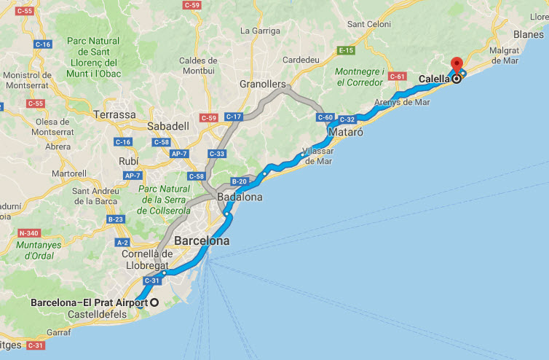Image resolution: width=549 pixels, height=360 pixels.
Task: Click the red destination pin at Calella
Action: pyautogui.click(x=457, y=66)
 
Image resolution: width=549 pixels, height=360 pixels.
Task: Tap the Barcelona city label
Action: pyautogui.click(x=201, y=240)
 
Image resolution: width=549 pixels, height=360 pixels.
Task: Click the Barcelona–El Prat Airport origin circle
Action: pyautogui.click(x=154, y=302)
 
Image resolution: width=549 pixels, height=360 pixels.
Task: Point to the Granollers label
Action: pyautogui.click(x=263, y=84)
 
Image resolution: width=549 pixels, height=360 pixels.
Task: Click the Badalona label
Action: pyautogui.click(x=240, y=197)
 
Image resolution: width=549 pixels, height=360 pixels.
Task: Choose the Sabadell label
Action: pyautogui.click(x=167, y=126)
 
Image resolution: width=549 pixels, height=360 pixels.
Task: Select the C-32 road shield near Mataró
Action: pyautogui.click(x=347, y=120)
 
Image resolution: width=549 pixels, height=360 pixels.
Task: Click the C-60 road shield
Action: pyautogui.click(x=325, y=117)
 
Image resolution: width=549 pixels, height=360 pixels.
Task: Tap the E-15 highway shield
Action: pyautogui.click(x=345, y=50)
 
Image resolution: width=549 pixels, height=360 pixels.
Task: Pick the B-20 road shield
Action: pyautogui.click(x=239, y=181)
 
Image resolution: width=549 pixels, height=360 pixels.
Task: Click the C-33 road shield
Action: pyautogui.click(x=217, y=154)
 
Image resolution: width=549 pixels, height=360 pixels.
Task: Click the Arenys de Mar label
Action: pyautogui.click(x=402, y=102)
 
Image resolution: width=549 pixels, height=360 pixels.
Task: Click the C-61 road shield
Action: pyautogui.click(x=397, y=76)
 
